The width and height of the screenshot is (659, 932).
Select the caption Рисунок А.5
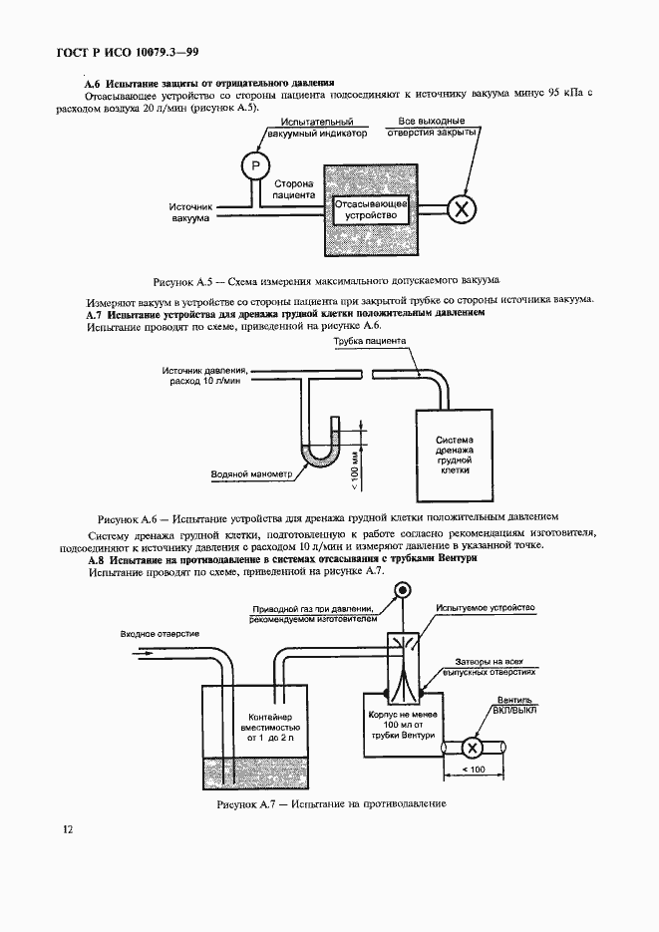pyautogui.click(x=325, y=281)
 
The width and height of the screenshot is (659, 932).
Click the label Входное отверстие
pyautogui.click(x=161, y=634)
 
